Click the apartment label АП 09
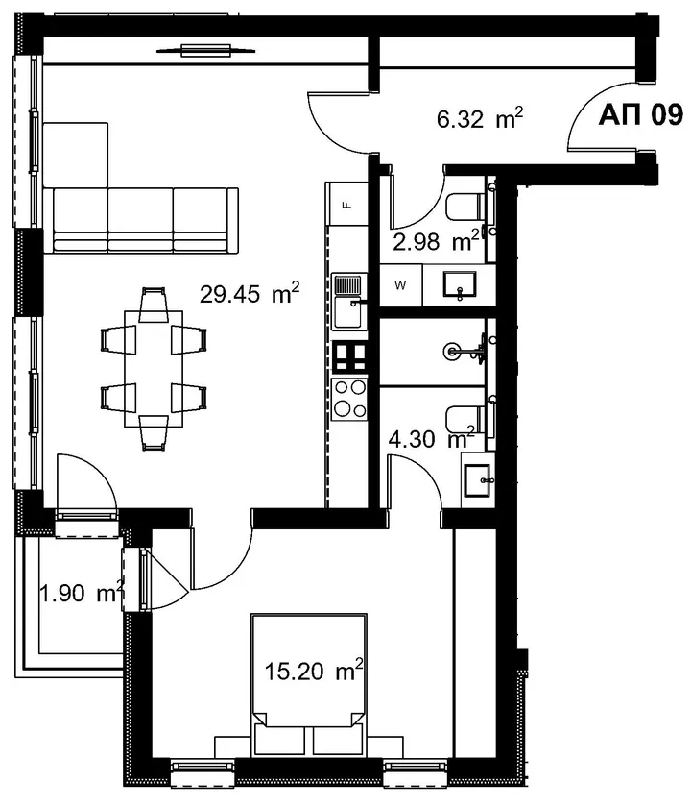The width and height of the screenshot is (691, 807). [641, 114]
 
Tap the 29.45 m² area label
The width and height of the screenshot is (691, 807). [250, 293]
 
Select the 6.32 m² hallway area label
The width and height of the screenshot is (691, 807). [480, 119]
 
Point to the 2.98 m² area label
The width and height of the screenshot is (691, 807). [436, 241]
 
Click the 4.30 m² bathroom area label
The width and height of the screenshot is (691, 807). [431, 438]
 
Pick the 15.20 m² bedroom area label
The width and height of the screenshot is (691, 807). [314, 671]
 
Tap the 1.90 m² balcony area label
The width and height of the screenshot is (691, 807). [82, 593]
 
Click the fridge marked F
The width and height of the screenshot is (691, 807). [347, 205]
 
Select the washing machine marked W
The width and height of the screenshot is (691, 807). [400, 284]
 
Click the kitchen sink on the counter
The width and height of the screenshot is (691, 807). [349, 302]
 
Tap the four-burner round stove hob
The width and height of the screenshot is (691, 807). [349, 399]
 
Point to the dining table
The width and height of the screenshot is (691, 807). [154, 369]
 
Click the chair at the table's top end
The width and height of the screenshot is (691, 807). [154, 305]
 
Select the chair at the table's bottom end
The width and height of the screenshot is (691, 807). [154, 433]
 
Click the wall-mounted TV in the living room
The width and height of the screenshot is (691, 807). [205, 50]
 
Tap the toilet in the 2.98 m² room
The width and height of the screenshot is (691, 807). [465, 207]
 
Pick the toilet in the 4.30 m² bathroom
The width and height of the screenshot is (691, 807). [465, 419]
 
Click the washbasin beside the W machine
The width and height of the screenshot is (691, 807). [460, 285]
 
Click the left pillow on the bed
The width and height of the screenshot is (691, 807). [279, 742]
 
